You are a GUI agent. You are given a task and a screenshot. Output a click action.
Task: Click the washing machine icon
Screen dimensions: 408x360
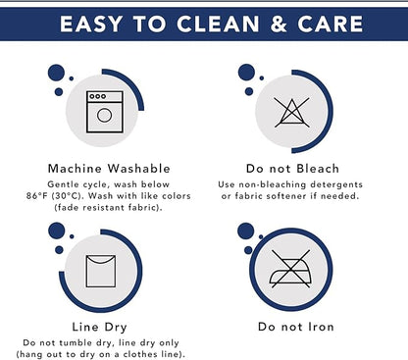pyautogui.click(x=105, y=112)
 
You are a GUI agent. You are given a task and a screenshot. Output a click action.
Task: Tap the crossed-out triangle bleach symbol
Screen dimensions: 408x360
pyautogui.click(x=291, y=113)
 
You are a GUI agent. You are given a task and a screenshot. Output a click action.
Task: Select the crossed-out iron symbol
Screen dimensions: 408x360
pyautogui.click(x=290, y=269)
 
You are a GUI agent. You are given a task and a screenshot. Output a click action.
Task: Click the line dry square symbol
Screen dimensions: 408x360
pyautogui.click(x=101, y=271)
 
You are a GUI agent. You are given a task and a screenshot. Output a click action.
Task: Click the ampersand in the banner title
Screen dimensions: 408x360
pyautogui.click(x=279, y=24)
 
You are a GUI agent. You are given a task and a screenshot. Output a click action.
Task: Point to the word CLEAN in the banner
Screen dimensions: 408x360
pyautogui.click(x=218, y=24)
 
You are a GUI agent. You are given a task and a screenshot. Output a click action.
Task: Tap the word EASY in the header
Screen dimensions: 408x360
pyautogui.click(x=91, y=24)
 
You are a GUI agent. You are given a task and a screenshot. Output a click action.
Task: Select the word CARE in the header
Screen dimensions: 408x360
pyautogui.click(x=330, y=24)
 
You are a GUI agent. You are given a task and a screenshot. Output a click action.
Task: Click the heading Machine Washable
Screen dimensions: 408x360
pyautogui.click(x=109, y=169)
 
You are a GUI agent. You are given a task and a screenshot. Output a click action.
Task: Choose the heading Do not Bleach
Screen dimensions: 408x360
pyautogui.click(x=292, y=169)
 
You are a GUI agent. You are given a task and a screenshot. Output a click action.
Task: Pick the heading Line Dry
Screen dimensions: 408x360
pyautogui.click(x=100, y=327)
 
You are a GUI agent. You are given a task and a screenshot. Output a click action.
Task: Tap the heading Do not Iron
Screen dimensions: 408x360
pyautogui.click(x=296, y=327)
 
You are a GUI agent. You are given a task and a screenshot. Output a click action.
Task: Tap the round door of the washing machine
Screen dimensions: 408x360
pyautogui.click(x=104, y=115)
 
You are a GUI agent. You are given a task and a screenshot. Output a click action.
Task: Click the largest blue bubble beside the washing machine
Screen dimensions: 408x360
pyautogui.click(x=56, y=73)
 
